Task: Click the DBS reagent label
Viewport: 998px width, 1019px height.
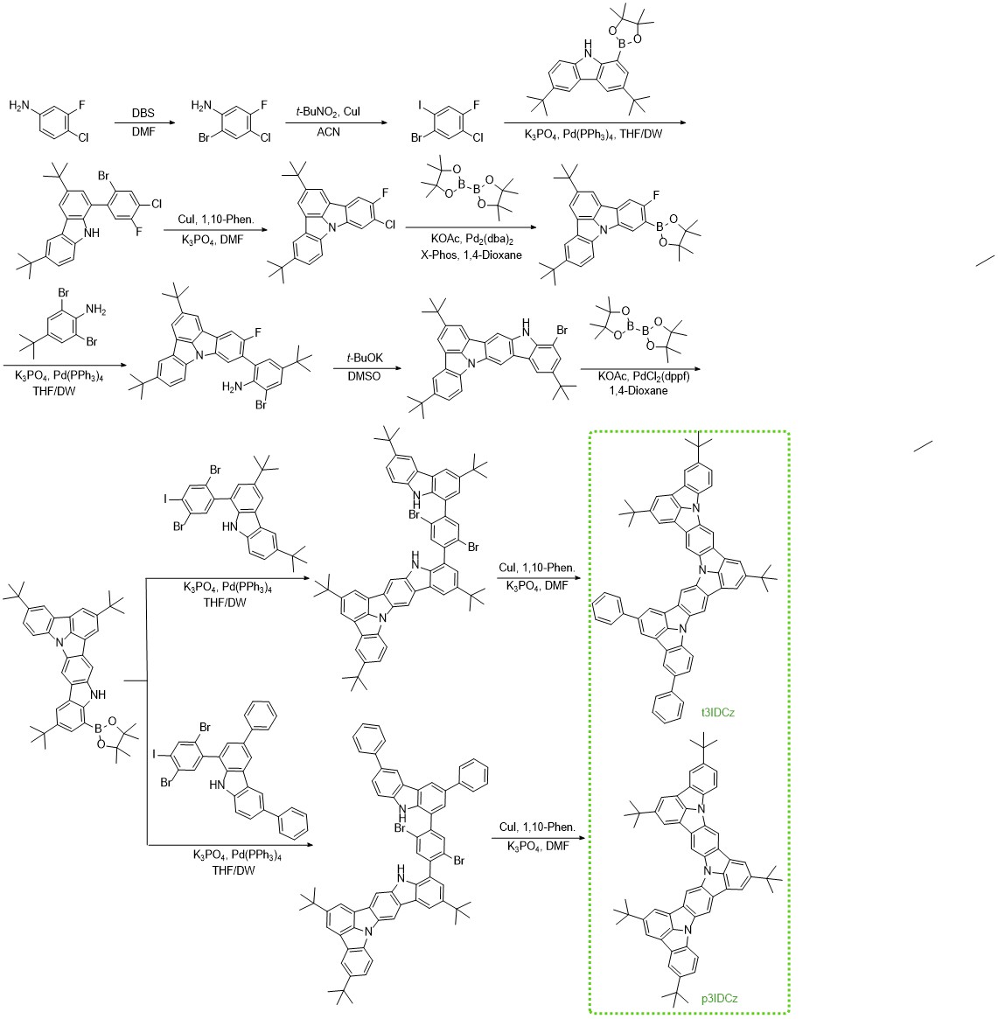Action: [x=143, y=113]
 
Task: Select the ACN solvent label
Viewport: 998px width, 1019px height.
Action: [x=328, y=132]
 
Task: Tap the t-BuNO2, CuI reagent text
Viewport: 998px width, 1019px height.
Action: [x=327, y=112]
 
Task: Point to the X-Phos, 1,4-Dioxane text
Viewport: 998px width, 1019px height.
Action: [x=471, y=255]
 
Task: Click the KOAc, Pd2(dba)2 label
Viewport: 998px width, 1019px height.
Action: [x=471, y=239]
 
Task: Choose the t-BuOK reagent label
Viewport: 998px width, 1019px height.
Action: [x=365, y=358]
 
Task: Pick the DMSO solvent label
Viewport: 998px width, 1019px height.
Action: [x=365, y=376]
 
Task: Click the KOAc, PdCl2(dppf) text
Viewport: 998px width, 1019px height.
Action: [x=644, y=375]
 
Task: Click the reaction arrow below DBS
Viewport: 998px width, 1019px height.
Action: [x=143, y=122]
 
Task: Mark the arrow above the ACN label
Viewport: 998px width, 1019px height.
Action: [x=337, y=122]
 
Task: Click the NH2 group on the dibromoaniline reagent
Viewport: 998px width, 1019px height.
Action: [x=94, y=310]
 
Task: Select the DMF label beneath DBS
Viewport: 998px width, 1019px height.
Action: [x=143, y=132]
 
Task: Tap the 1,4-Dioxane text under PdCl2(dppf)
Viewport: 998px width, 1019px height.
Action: [x=638, y=391]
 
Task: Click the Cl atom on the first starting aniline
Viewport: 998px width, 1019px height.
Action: [x=84, y=138]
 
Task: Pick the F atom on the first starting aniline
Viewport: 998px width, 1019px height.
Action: [x=82, y=105]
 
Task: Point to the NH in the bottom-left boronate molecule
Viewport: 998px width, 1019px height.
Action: [x=99, y=694]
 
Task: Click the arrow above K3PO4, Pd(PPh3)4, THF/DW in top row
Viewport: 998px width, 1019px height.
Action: [x=595, y=122]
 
